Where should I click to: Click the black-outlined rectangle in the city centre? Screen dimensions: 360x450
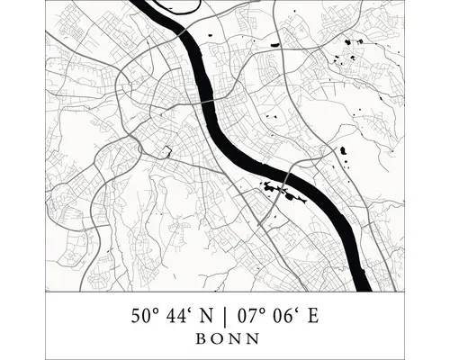coord(166,150)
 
